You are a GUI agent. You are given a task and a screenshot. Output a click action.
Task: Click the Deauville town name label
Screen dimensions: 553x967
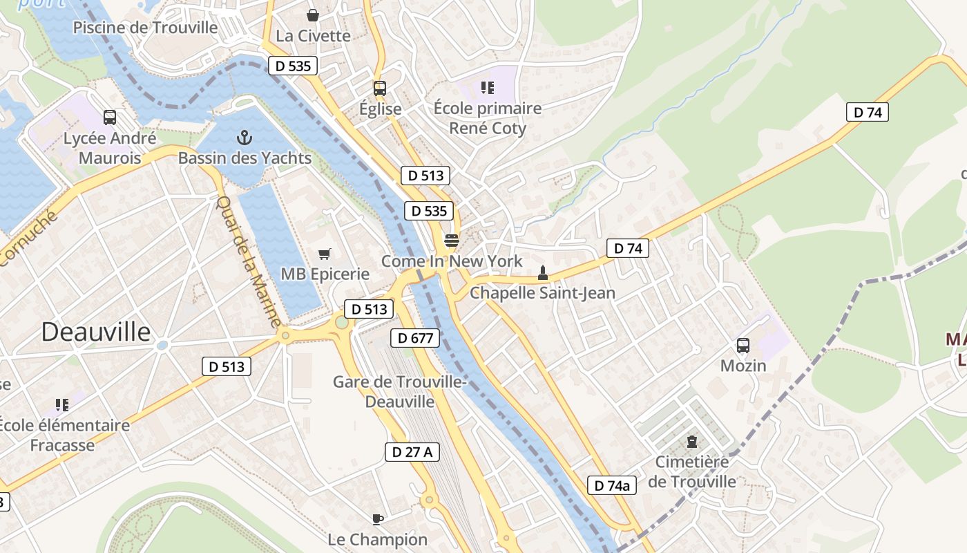(95, 332)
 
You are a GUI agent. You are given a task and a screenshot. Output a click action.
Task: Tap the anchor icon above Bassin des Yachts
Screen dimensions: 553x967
(245, 138)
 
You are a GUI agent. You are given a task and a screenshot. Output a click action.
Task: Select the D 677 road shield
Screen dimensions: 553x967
(415, 338)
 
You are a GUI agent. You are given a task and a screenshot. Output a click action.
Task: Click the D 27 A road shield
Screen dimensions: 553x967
(412, 452)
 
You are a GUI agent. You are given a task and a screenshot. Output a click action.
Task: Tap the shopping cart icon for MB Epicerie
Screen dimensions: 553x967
(325, 254)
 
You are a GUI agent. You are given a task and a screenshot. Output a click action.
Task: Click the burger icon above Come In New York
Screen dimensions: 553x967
(452, 241)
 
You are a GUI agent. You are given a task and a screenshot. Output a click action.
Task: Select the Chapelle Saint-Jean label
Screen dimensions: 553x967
(542, 292)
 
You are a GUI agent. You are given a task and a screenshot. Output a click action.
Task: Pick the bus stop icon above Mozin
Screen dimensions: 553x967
(743, 346)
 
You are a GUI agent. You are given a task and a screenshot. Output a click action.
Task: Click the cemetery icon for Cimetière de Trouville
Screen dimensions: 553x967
(691, 441)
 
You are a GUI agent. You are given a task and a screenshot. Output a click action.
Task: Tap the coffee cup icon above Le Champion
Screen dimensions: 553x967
(377, 519)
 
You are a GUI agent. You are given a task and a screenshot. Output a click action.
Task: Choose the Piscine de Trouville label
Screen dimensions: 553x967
(145, 28)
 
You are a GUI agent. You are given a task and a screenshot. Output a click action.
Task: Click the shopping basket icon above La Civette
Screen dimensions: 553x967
(313, 15)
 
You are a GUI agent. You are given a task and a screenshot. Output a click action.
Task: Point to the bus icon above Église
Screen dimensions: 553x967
(380, 88)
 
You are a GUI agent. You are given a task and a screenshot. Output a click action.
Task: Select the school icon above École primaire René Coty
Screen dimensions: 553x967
(488, 88)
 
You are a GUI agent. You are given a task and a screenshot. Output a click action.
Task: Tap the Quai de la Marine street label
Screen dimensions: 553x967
(249, 261)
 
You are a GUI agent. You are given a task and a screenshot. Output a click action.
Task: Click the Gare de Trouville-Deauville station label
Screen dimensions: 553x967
(400, 391)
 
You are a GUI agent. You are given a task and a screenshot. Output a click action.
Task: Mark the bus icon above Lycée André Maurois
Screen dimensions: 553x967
(110, 118)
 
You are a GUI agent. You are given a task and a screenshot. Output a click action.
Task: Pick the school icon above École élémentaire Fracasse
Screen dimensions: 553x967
(62, 405)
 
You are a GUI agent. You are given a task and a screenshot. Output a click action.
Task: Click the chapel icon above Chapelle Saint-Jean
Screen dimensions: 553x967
(543, 272)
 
